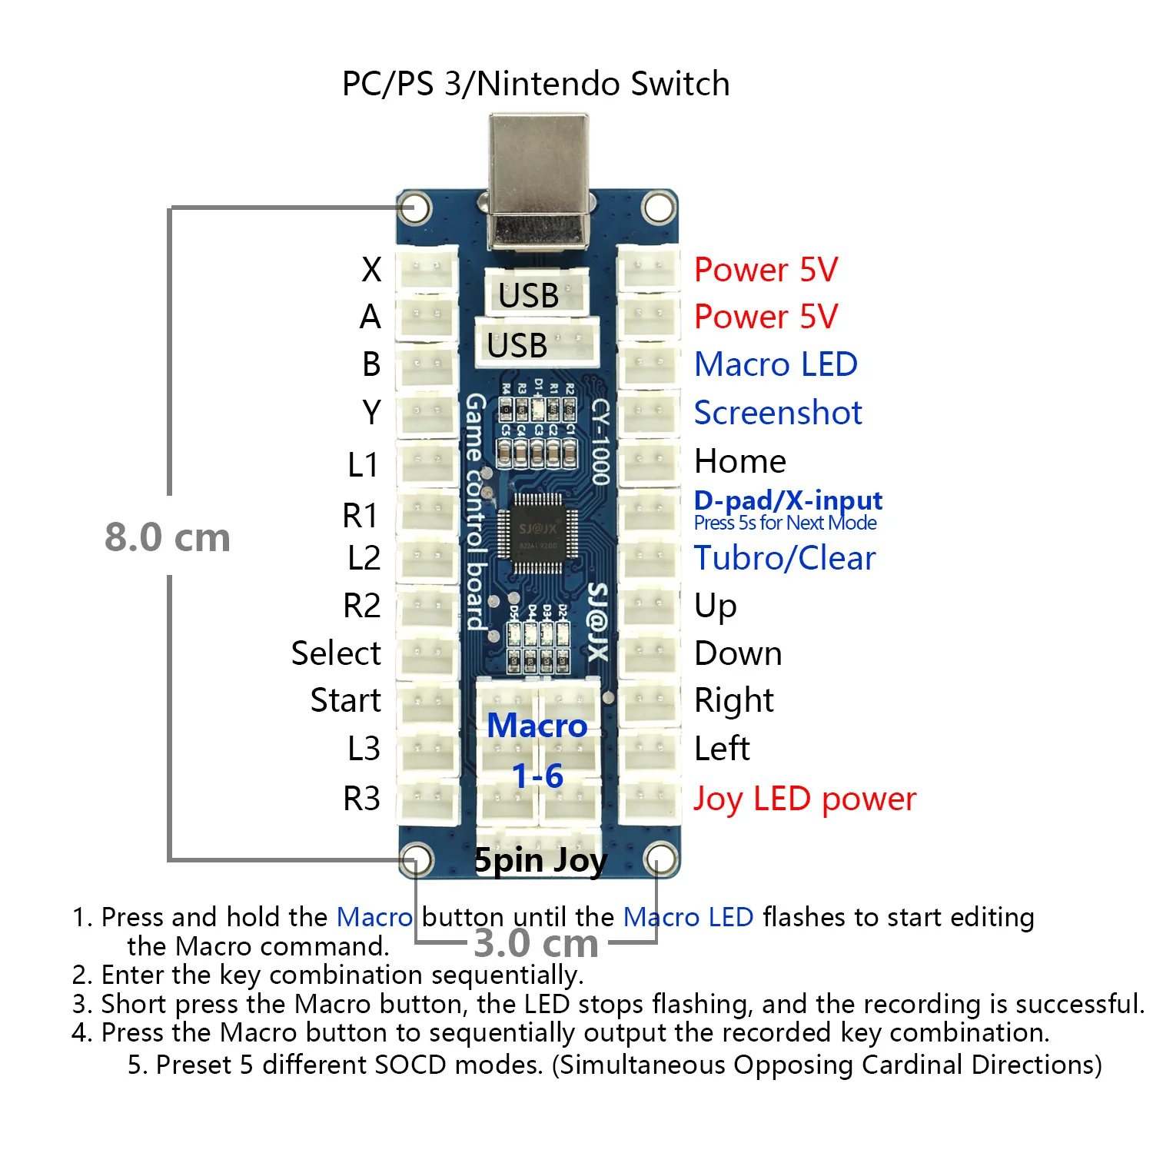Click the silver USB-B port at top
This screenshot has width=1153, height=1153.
point(539,181)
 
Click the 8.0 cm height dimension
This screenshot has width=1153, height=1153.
point(168,537)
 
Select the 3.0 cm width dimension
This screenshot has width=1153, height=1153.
point(536,943)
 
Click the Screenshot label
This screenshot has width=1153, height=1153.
point(778,413)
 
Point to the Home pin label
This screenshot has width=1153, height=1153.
point(740,461)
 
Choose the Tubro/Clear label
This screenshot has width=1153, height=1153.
point(785,558)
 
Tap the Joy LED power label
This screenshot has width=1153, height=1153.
point(805,799)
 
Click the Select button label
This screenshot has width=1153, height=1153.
point(336,653)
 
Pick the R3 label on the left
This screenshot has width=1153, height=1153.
point(361,799)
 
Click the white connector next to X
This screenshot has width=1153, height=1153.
point(427,269)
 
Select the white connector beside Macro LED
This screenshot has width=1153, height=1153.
point(648,364)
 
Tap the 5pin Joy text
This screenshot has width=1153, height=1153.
point(540,860)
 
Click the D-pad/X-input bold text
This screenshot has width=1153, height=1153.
point(788,500)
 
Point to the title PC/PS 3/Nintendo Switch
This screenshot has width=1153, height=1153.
point(536,83)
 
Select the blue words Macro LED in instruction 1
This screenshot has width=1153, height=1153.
point(688,917)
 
